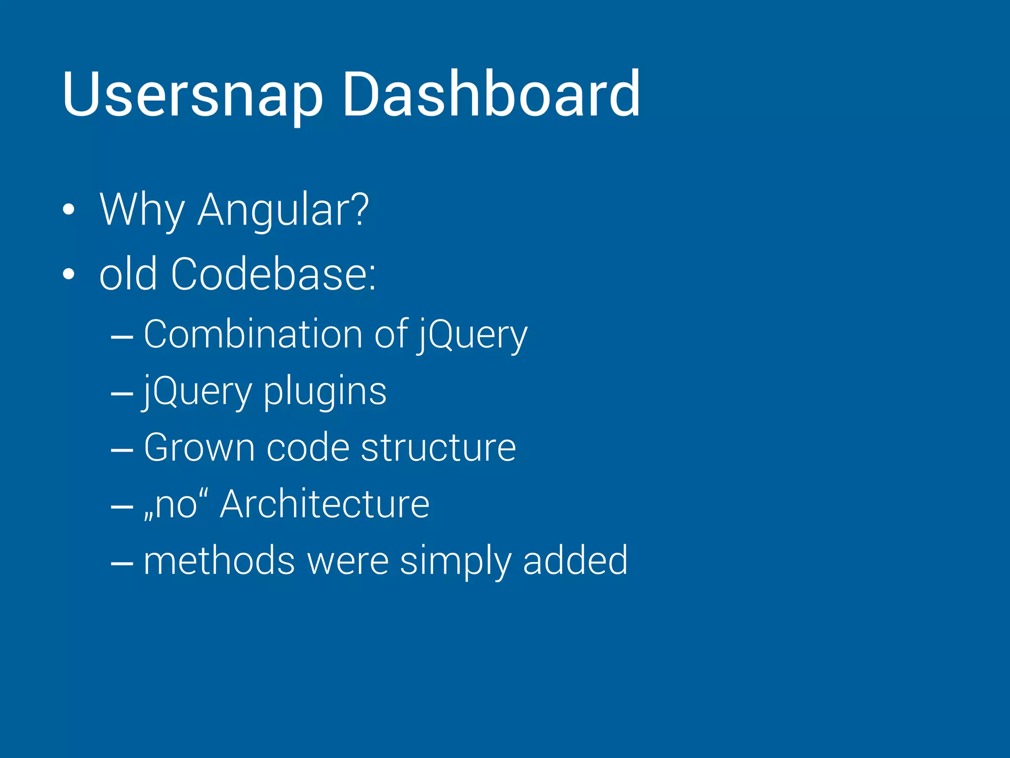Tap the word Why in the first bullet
point(142,210)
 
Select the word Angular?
point(283,210)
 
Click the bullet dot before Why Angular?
point(69,210)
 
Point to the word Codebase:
point(274,274)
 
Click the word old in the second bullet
point(128,274)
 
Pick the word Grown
point(200,448)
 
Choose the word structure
point(438,448)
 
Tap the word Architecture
point(325,504)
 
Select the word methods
point(219,561)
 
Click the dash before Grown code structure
point(122,450)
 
